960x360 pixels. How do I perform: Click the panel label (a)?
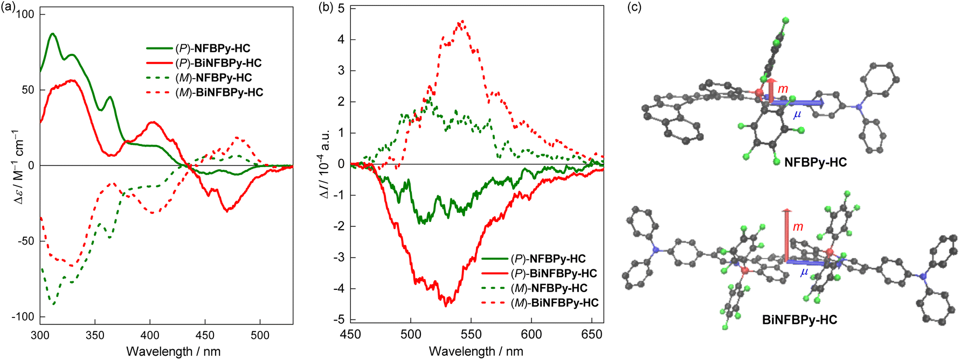click(x=9, y=8)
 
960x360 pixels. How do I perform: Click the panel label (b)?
click(x=326, y=8)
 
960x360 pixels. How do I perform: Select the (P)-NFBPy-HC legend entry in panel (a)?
click(x=213, y=49)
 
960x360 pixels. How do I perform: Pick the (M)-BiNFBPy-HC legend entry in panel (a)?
click(x=219, y=92)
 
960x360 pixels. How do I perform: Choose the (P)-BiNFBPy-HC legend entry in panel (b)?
click(x=554, y=273)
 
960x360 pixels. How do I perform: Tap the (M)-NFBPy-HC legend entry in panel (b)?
click(x=549, y=288)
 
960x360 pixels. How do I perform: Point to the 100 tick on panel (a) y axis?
click(x=25, y=14)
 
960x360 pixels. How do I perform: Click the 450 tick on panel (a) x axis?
click(x=205, y=335)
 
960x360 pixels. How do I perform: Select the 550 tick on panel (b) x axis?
click(x=471, y=335)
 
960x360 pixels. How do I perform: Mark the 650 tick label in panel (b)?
click(x=592, y=335)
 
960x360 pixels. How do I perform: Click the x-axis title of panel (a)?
click(x=173, y=351)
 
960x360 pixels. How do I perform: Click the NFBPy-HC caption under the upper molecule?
click(x=815, y=162)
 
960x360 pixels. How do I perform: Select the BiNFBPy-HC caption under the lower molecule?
click(x=799, y=320)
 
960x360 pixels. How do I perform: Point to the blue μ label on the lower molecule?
click(x=804, y=272)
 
